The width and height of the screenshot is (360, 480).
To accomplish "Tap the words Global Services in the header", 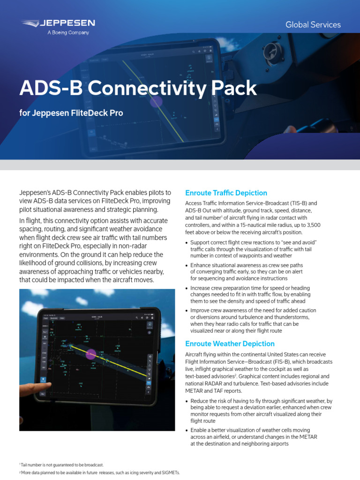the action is [313, 24].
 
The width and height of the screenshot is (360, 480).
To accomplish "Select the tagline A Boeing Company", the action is [68, 33].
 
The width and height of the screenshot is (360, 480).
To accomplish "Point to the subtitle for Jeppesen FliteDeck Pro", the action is [71, 113].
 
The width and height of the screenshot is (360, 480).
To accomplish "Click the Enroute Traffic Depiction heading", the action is [226, 193].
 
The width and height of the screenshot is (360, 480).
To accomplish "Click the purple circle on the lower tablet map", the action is [90, 354].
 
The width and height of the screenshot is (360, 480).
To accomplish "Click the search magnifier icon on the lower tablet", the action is [136, 318].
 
